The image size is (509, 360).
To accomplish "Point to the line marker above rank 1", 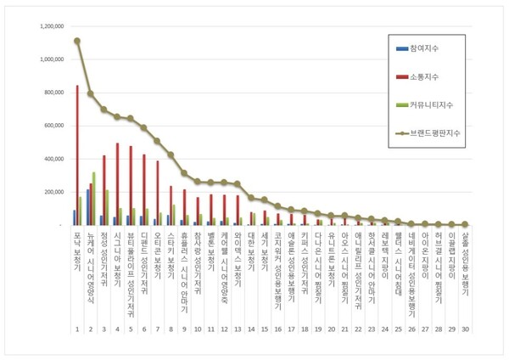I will coord(77,41).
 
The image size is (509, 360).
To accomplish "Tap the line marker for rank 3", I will coord(104,110).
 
